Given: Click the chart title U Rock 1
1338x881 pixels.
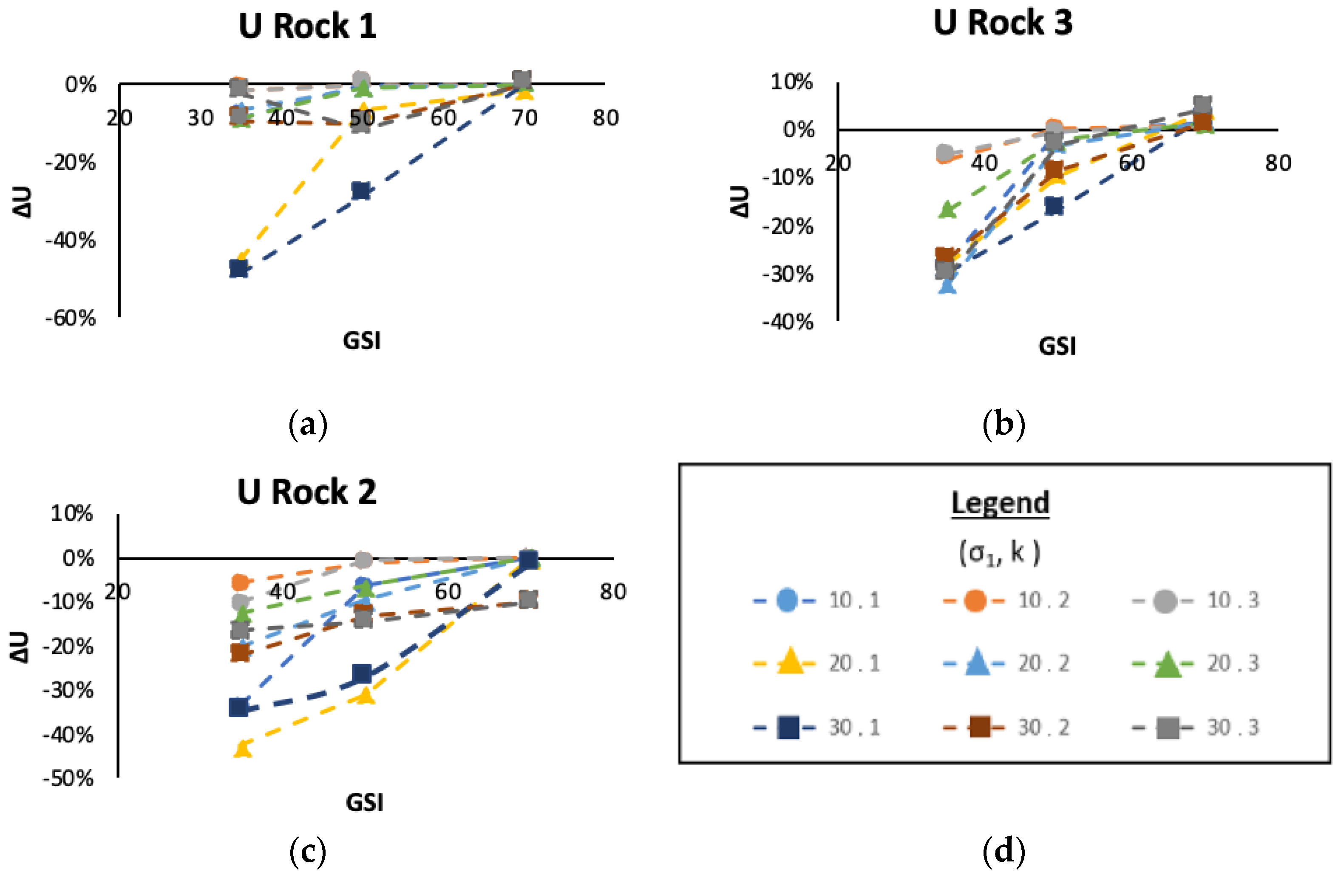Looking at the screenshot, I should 307,26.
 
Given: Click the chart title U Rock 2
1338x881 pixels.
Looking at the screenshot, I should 306,492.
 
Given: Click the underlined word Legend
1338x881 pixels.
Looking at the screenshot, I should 1000,502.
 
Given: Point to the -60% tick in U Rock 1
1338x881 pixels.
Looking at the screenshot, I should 71,319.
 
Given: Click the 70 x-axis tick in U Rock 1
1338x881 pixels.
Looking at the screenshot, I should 524,118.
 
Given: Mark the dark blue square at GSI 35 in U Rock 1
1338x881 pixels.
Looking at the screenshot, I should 239,268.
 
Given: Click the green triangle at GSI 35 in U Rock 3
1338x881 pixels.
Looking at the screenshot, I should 948,210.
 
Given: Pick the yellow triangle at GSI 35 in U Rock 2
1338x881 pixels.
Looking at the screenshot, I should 242,749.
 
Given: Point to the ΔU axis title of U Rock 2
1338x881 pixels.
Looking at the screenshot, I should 20,647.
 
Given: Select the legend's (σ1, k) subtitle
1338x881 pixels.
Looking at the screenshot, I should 1000,553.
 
